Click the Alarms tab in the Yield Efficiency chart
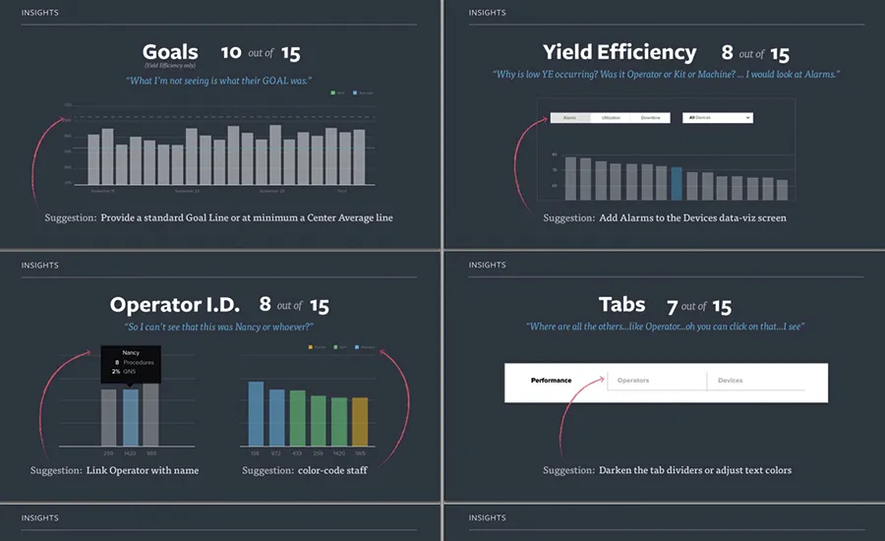click(x=570, y=118)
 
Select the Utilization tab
click(x=611, y=118)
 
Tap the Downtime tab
click(x=650, y=118)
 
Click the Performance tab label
click(x=551, y=381)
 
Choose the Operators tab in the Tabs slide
click(x=633, y=381)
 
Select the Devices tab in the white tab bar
click(x=730, y=381)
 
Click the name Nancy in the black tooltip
click(x=131, y=351)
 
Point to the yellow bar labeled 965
click(x=360, y=422)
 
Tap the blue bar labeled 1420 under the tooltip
click(x=131, y=418)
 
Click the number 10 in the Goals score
click(x=231, y=52)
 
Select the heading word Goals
click(x=170, y=52)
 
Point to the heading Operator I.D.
click(x=177, y=305)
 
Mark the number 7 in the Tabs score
click(x=672, y=306)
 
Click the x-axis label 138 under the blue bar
click(x=256, y=453)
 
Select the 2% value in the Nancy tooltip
click(x=115, y=371)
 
